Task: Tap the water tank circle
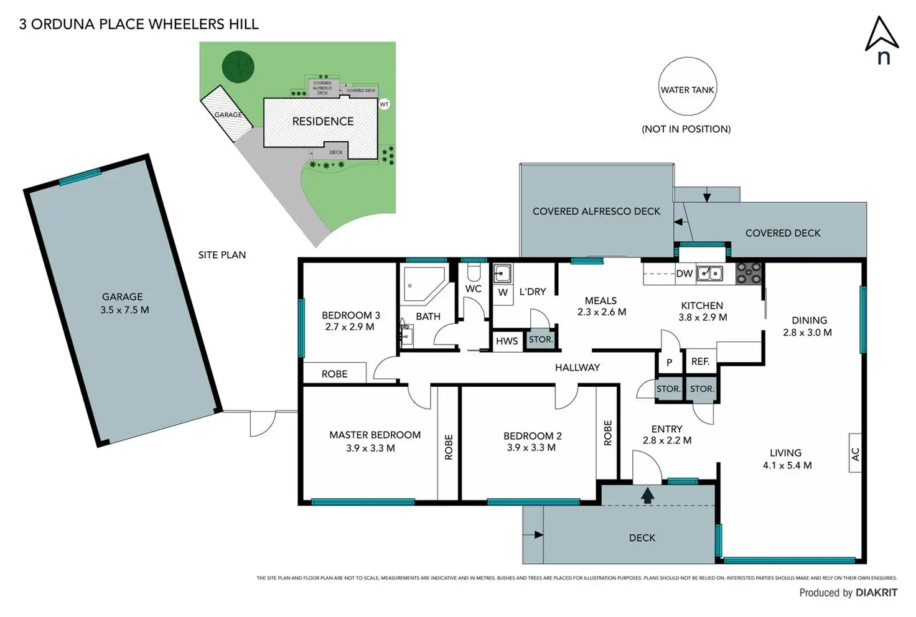[688, 86]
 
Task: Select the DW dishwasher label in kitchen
[684, 274]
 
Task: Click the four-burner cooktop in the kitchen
[749, 273]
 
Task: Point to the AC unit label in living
[855, 454]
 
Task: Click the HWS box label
[507, 341]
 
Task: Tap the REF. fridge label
[701, 361]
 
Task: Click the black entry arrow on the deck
[648, 495]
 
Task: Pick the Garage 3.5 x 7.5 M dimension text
[124, 310]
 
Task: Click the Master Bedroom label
[375, 435]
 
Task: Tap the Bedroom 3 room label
[350, 315]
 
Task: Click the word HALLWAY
[577, 368]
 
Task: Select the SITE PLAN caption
[222, 255]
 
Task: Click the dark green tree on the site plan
[238, 64]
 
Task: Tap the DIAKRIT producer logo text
[876, 593]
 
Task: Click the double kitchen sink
[709, 273]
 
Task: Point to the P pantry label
[669, 363]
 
